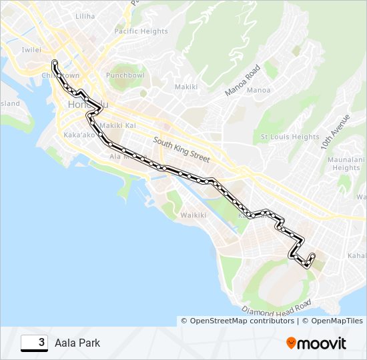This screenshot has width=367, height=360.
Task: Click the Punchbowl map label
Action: [x=125, y=75]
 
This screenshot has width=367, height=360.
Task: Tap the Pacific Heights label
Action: [x=141, y=31]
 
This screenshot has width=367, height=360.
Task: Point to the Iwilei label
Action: [x=31, y=49]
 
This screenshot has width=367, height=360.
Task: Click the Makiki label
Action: [x=186, y=87]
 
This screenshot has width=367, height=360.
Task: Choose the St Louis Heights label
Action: [x=290, y=137]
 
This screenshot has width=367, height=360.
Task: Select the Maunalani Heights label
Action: [x=346, y=163]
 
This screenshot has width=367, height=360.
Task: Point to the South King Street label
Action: [x=181, y=150]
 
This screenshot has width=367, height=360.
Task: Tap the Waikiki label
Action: [x=194, y=215]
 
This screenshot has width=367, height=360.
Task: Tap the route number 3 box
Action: [x=34, y=343]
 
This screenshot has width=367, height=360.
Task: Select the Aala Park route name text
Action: [x=77, y=343]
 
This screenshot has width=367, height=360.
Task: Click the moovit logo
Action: [x=316, y=343]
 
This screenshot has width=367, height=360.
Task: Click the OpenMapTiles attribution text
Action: [x=330, y=321]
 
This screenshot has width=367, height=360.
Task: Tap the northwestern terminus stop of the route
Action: [x=54, y=63]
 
